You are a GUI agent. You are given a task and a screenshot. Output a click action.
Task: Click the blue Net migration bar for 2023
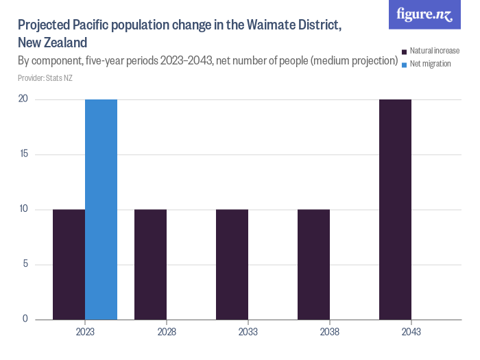tap(101, 209)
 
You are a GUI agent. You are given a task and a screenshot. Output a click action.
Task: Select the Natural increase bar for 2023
tap(69, 264)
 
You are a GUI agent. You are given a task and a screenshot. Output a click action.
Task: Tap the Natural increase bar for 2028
tap(150, 264)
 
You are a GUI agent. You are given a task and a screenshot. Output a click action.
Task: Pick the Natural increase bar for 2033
tap(232, 264)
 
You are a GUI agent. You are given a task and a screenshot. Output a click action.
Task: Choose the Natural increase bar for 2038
tap(313, 264)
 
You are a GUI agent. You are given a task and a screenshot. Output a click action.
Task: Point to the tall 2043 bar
tap(395, 209)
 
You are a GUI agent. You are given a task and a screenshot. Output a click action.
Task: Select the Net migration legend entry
tap(430, 64)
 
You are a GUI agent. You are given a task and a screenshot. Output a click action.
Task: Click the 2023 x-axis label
tap(85, 332)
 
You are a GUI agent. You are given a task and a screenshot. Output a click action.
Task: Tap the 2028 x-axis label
tap(167, 332)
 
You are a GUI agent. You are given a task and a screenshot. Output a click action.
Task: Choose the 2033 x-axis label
tap(248, 332)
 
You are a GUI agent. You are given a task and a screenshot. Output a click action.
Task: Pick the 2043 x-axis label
tap(411, 332)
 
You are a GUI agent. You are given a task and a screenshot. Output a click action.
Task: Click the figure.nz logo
tap(424, 14)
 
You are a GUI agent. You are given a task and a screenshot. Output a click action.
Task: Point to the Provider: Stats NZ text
tap(45, 78)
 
